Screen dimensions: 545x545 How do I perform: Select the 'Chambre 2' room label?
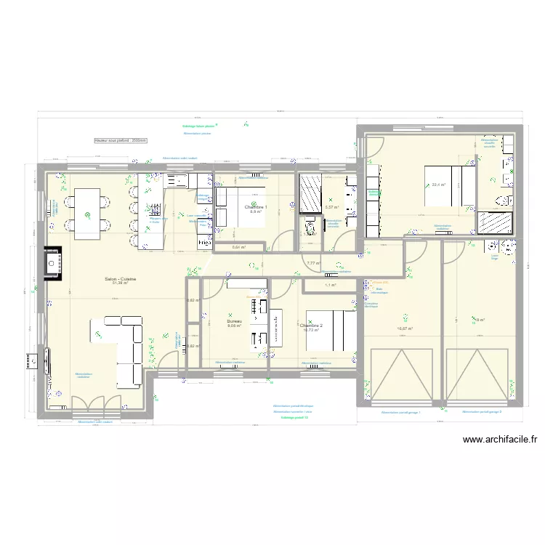click(311, 326)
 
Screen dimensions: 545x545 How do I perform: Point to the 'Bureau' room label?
click(233, 320)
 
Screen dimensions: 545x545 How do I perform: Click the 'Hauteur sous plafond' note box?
click(121, 140)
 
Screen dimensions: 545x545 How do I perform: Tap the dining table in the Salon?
click(88, 213)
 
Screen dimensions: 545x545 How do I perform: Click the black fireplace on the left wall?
click(53, 262)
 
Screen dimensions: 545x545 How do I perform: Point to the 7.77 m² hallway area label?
click(313, 263)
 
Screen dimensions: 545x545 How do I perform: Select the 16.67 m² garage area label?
click(405, 328)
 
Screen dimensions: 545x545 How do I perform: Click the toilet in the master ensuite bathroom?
click(501, 200)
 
